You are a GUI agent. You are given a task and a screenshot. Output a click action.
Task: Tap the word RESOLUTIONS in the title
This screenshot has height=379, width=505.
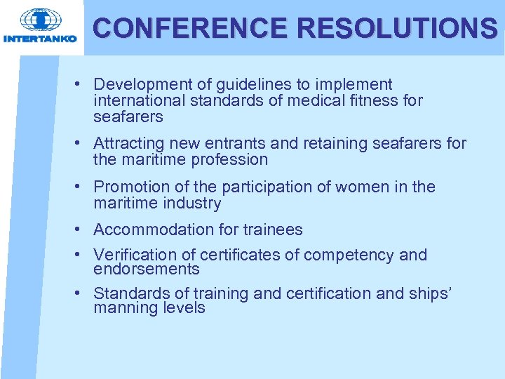click(x=397, y=28)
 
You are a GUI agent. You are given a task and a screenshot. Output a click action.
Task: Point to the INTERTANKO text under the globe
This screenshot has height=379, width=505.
click(x=40, y=39)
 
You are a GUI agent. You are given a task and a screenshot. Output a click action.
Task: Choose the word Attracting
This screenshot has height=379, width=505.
click(x=128, y=143)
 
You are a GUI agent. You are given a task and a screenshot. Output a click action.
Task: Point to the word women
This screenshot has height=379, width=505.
click(x=358, y=187)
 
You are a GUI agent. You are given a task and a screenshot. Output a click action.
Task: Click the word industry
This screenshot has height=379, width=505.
click(x=193, y=204)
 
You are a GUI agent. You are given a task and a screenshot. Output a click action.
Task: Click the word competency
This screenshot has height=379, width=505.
click(x=353, y=255)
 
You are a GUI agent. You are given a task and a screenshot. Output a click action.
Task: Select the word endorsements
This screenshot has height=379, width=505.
click(x=146, y=269)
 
